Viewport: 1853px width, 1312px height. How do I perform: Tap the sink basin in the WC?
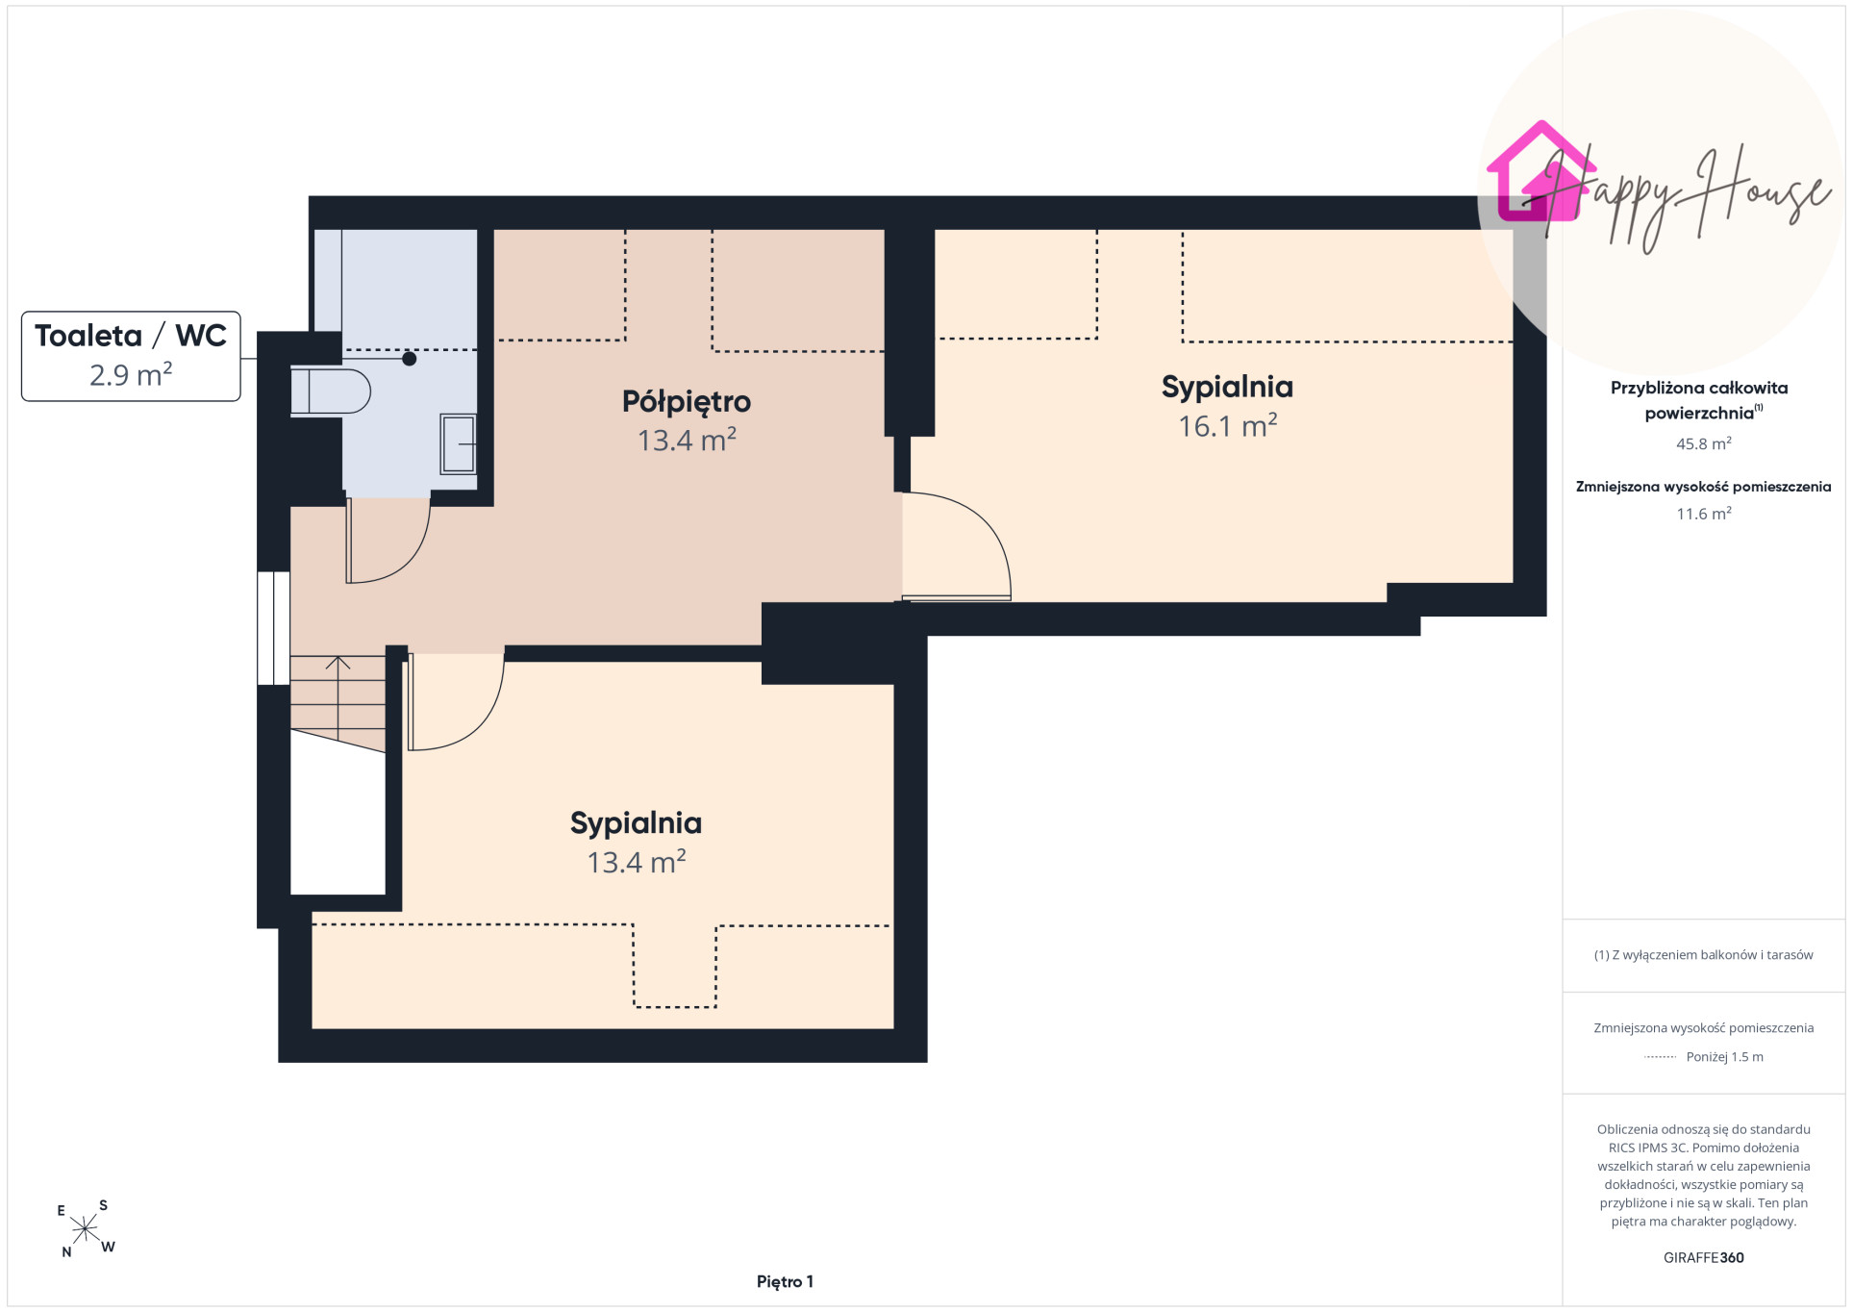coord(459,443)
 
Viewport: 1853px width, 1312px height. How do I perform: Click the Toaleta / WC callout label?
coord(131,356)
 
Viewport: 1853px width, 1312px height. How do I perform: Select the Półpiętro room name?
coord(687,402)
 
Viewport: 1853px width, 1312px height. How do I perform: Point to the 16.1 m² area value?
coord(1228,425)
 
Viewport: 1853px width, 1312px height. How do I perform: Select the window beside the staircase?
coord(273,628)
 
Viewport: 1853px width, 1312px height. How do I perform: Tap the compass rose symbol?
coord(85,1229)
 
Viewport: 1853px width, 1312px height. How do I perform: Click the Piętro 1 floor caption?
coord(785,1281)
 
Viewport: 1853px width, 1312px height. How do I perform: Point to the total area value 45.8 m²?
coord(1704,443)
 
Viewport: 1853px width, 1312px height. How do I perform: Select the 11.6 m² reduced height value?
coord(1704,514)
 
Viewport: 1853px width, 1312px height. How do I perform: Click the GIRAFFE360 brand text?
coord(1704,1257)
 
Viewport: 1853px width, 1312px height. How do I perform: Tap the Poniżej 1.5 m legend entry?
coord(1724,1057)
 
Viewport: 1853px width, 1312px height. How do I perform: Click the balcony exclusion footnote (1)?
coord(1704,955)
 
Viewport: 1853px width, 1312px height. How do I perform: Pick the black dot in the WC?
coord(410,359)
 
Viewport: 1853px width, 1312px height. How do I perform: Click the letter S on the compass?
coord(104,1205)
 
